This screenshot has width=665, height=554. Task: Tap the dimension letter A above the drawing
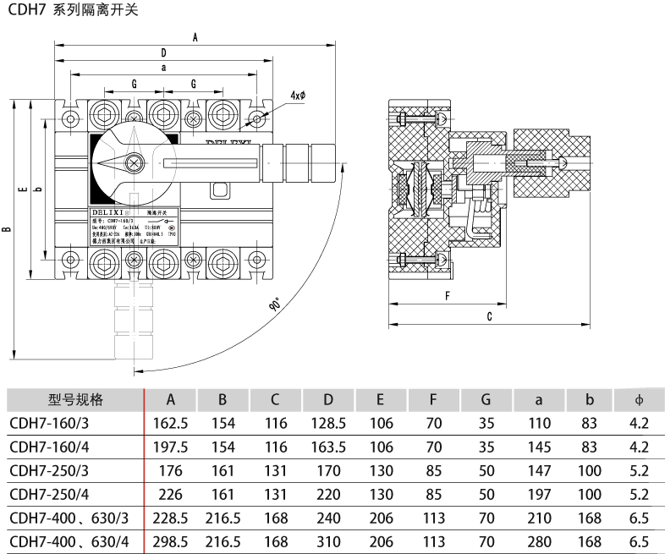[x=195, y=37]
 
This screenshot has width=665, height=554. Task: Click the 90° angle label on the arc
[x=276, y=304]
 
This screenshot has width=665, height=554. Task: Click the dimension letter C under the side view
[x=489, y=316]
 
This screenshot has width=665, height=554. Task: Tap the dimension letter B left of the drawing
[x=8, y=228]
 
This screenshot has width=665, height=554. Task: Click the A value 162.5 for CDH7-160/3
[x=170, y=423]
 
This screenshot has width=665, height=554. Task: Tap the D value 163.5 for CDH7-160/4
[x=328, y=447]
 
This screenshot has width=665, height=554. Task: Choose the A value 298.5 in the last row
[x=170, y=541]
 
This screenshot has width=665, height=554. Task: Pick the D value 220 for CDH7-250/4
[x=328, y=494]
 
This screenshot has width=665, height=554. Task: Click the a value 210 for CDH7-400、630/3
[x=539, y=518]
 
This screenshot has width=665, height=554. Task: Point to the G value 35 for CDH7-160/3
[x=486, y=423]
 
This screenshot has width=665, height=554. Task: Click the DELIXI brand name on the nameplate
[x=107, y=211]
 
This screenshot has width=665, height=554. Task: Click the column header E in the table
[x=381, y=400]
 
